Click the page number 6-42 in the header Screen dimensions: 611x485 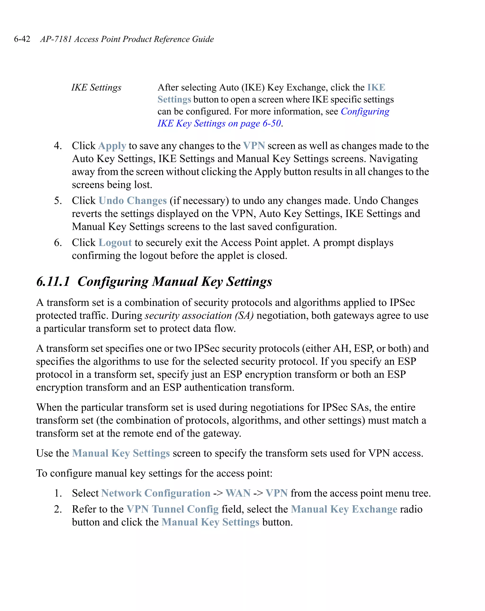22,39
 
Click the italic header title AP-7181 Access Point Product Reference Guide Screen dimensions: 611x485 127,39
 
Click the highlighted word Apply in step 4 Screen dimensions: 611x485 112,146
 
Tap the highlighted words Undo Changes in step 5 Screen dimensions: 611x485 132,201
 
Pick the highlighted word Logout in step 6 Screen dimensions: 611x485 115,243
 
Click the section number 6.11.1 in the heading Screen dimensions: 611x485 53,281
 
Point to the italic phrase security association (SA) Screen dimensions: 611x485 199,315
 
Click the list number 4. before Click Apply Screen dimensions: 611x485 58,146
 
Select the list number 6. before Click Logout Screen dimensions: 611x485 58,243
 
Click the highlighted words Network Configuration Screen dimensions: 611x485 156,493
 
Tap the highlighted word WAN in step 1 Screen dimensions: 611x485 238,493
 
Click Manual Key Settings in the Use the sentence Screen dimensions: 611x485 121,453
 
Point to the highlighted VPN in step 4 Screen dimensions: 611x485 254,146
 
